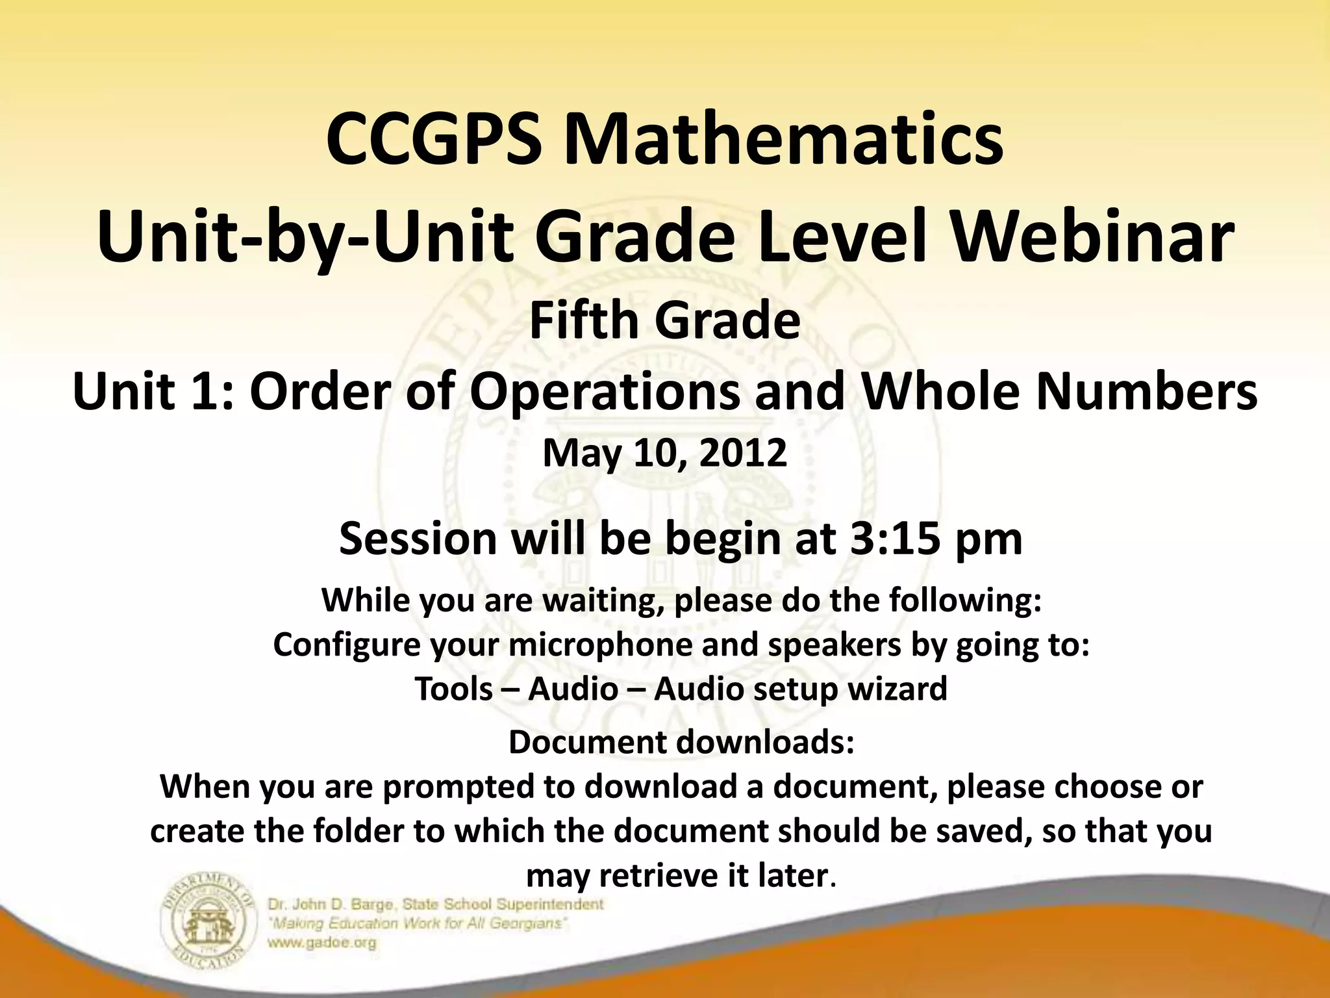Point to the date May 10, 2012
664,453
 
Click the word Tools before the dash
453,689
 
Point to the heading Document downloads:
681,742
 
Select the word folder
358,831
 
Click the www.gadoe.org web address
322,943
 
